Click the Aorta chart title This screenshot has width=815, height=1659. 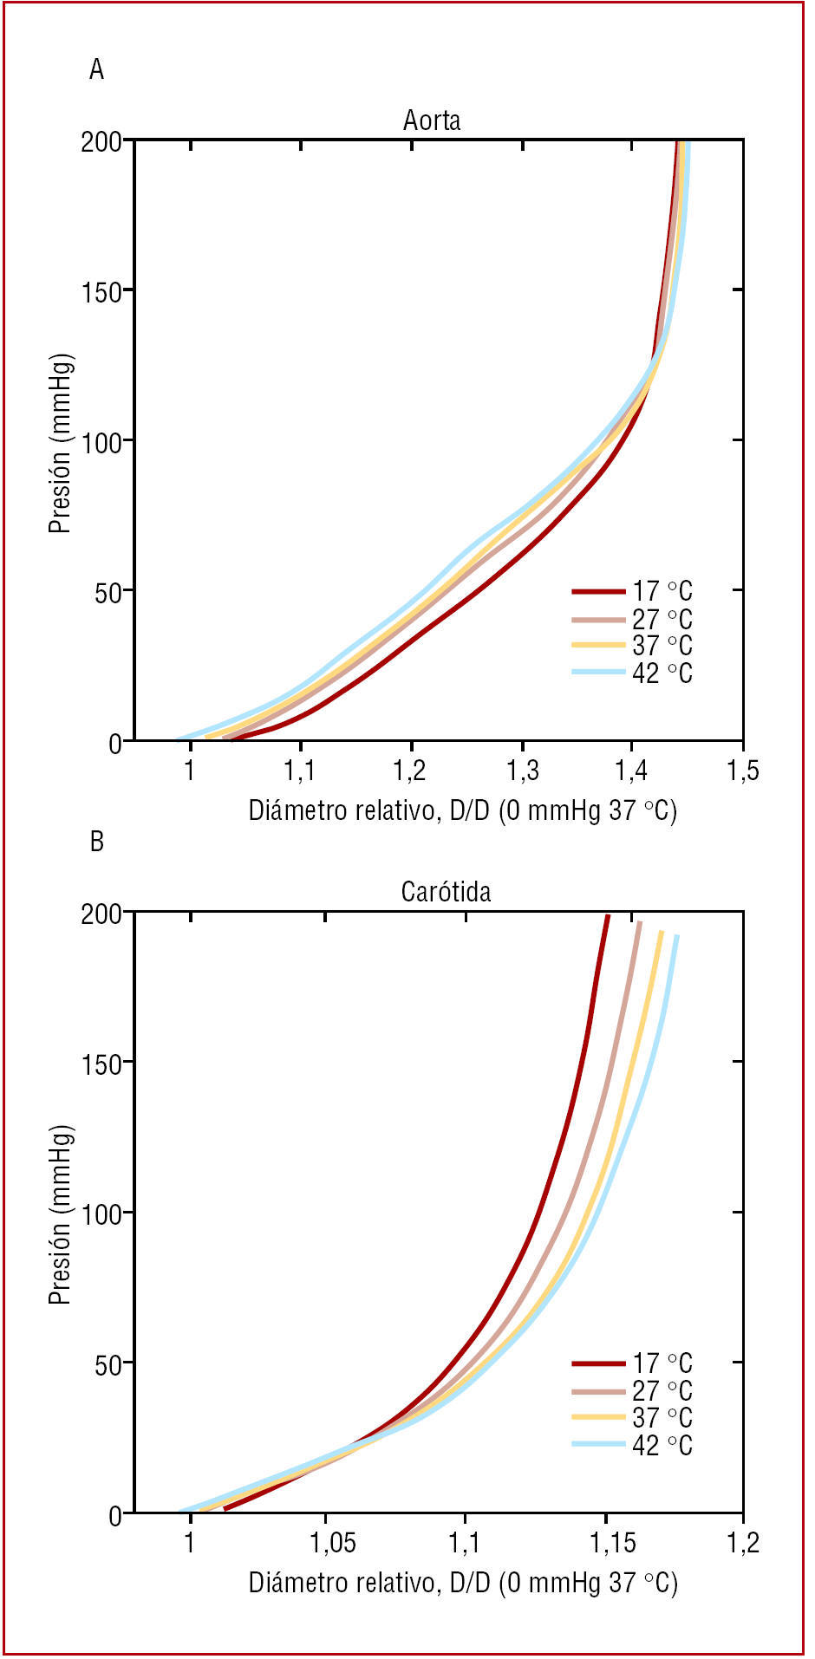click(x=431, y=120)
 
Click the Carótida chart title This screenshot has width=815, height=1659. click(x=446, y=892)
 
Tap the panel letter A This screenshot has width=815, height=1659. click(x=96, y=69)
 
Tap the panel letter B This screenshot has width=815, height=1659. click(x=96, y=842)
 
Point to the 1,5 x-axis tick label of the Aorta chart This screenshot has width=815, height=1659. click(x=742, y=771)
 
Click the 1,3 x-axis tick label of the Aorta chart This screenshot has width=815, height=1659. click(x=522, y=771)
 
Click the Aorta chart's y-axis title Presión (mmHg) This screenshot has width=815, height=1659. click(x=59, y=442)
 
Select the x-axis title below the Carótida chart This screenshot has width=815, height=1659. click(x=463, y=1583)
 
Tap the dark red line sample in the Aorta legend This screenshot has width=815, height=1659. click(x=598, y=592)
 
